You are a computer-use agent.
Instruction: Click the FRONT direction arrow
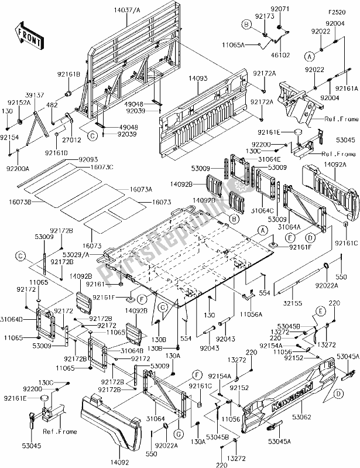click(29, 37)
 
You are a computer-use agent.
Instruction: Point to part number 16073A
click(141, 189)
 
